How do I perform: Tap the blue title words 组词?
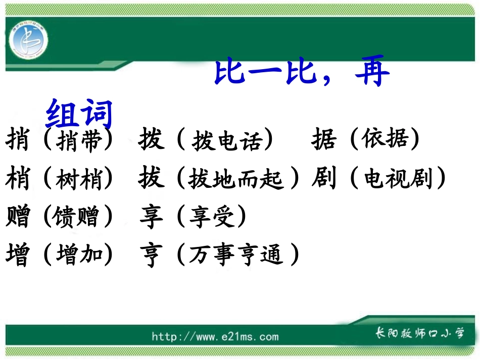(x=78, y=114)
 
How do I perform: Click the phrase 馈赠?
(x=78, y=217)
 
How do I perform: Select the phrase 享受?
(x=212, y=217)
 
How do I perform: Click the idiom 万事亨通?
(x=235, y=255)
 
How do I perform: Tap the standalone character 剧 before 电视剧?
(x=324, y=179)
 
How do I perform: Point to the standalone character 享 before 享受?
(x=151, y=217)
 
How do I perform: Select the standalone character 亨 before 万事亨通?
(x=151, y=255)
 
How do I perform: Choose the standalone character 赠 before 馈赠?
(x=18, y=217)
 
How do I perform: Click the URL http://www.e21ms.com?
(x=215, y=336)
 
